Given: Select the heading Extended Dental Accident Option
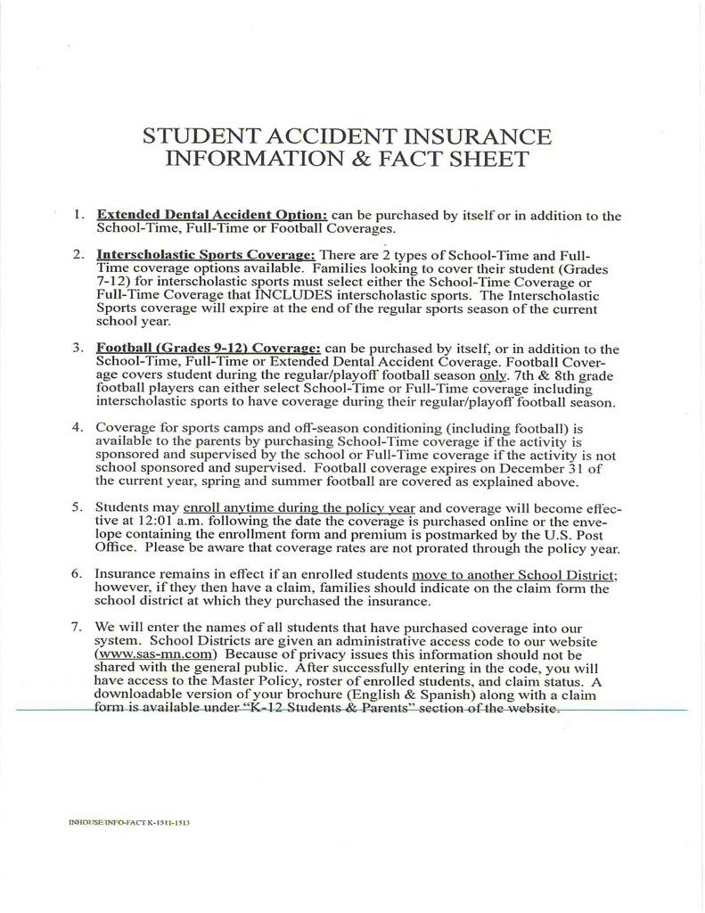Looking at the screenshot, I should [212, 215].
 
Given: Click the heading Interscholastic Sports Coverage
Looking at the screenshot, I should [206, 254].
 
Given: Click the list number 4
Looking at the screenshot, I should [78, 428].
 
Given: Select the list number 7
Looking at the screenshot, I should [78, 627].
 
